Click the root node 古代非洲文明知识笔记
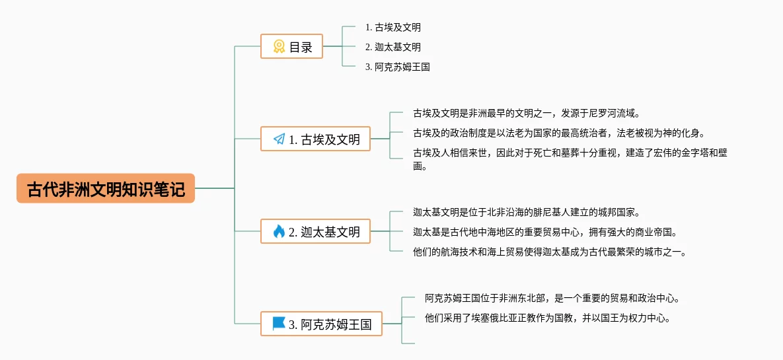pyautogui.click(x=106, y=189)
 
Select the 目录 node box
pyautogui.click(x=292, y=47)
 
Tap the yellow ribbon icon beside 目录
pyautogui.click(x=280, y=47)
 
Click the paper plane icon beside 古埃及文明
pyautogui.click(x=279, y=139)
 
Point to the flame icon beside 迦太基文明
pyautogui.click(x=279, y=232)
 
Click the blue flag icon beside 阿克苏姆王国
pyautogui.click(x=279, y=324)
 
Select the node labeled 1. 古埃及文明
pyautogui.click(x=316, y=139)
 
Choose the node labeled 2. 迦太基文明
pyautogui.click(x=316, y=232)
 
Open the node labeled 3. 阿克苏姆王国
pyautogui.click(x=322, y=324)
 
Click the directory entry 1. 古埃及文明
pyautogui.click(x=392, y=28)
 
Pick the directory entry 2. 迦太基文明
pyautogui.click(x=392, y=47)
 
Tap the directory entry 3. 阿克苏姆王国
pyautogui.click(x=397, y=67)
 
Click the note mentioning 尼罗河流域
pyautogui.click(x=527, y=113)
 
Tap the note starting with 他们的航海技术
pyautogui.click(x=550, y=252)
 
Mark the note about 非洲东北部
pyautogui.click(x=552, y=299)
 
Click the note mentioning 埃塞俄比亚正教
pyautogui.click(x=548, y=318)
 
